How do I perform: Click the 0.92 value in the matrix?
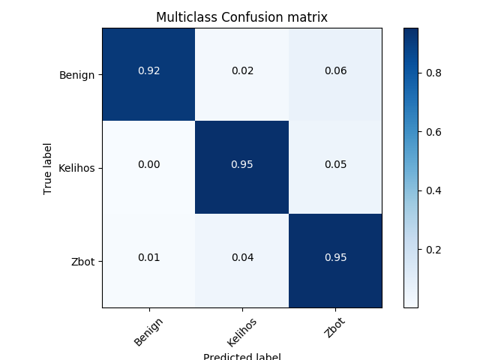[148, 71]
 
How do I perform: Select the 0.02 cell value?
[242, 71]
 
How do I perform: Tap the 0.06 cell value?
[335, 71]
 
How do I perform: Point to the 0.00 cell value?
[148, 164]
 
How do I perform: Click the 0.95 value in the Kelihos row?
[242, 164]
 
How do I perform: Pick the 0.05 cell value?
[335, 164]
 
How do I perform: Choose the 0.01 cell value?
[148, 257]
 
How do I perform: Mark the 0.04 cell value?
[242, 257]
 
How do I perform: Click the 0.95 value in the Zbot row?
[335, 257]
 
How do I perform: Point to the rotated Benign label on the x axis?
[148, 331]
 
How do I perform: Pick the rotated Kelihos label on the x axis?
[241, 332]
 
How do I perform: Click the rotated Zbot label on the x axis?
[337, 327]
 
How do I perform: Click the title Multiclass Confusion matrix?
[241, 16]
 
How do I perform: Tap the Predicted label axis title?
[241, 355]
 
